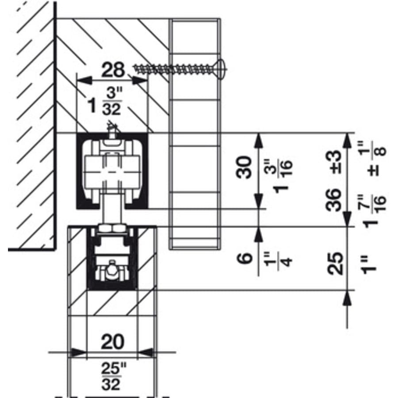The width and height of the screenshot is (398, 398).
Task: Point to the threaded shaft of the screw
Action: tap(172, 68)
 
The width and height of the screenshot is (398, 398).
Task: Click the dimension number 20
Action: tap(112, 341)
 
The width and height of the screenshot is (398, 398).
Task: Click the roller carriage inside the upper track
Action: tap(112, 170)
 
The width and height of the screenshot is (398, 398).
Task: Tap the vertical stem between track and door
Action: tap(112, 210)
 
